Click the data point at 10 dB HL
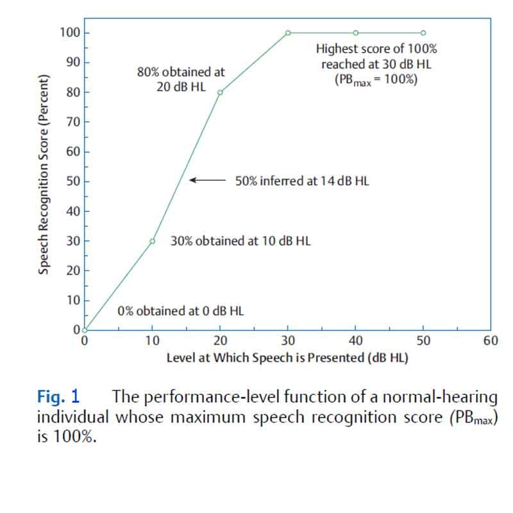point(153,241)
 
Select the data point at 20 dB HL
point(220,92)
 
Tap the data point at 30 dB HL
point(288,33)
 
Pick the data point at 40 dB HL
point(356,33)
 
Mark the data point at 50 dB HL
point(423,33)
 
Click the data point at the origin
point(85,330)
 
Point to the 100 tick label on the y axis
point(65,33)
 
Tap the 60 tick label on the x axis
point(491,341)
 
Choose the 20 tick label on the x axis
point(220,341)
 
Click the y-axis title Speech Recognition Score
point(44,174)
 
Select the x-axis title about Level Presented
point(287,357)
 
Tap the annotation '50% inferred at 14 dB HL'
point(302,181)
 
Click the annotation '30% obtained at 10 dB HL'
point(240,241)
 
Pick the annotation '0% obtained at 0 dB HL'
point(180,311)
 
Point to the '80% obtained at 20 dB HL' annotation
point(181,80)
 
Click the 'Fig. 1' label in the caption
point(58,397)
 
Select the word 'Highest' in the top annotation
point(337,48)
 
